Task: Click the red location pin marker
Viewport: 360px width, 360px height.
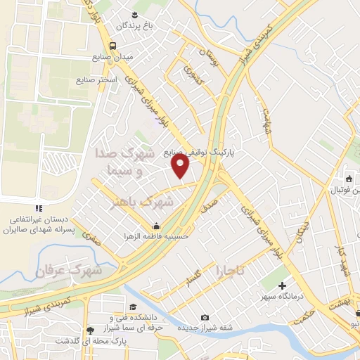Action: [x=181, y=165]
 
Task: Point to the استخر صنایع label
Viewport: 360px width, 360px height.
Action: [x=96, y=79]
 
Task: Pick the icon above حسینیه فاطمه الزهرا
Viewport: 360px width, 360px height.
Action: [x=155, y=226]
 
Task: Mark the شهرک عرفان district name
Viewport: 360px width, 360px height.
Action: [x=70, y=270]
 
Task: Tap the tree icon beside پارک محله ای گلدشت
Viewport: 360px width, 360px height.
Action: [x=89, y=330]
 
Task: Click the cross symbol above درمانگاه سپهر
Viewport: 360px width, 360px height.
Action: [x=283, y=285]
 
